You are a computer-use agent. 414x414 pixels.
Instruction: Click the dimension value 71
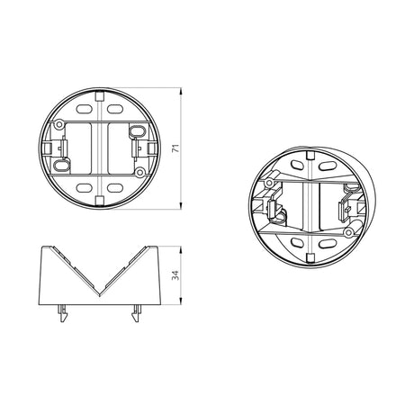(x=176, y=148)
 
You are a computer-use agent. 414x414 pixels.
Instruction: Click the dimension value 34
(x=176, y=275)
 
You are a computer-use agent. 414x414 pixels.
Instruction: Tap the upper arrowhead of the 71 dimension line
(x=181, y=91)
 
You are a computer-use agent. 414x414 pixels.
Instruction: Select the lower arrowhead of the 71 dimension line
(x=181, y=206)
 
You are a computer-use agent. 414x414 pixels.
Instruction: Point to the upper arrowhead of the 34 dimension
(x=181, y=249)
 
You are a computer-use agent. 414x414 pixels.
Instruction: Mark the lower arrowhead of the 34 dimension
(x=181, y=301)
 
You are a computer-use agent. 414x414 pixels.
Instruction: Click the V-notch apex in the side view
(x=100, y=296)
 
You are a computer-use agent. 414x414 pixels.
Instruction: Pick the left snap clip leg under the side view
(x=63, y=313)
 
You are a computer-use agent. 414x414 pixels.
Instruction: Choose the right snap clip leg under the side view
(x=137, y=313)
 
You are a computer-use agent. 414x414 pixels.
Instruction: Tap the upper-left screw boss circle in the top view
(x=59, y=124)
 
